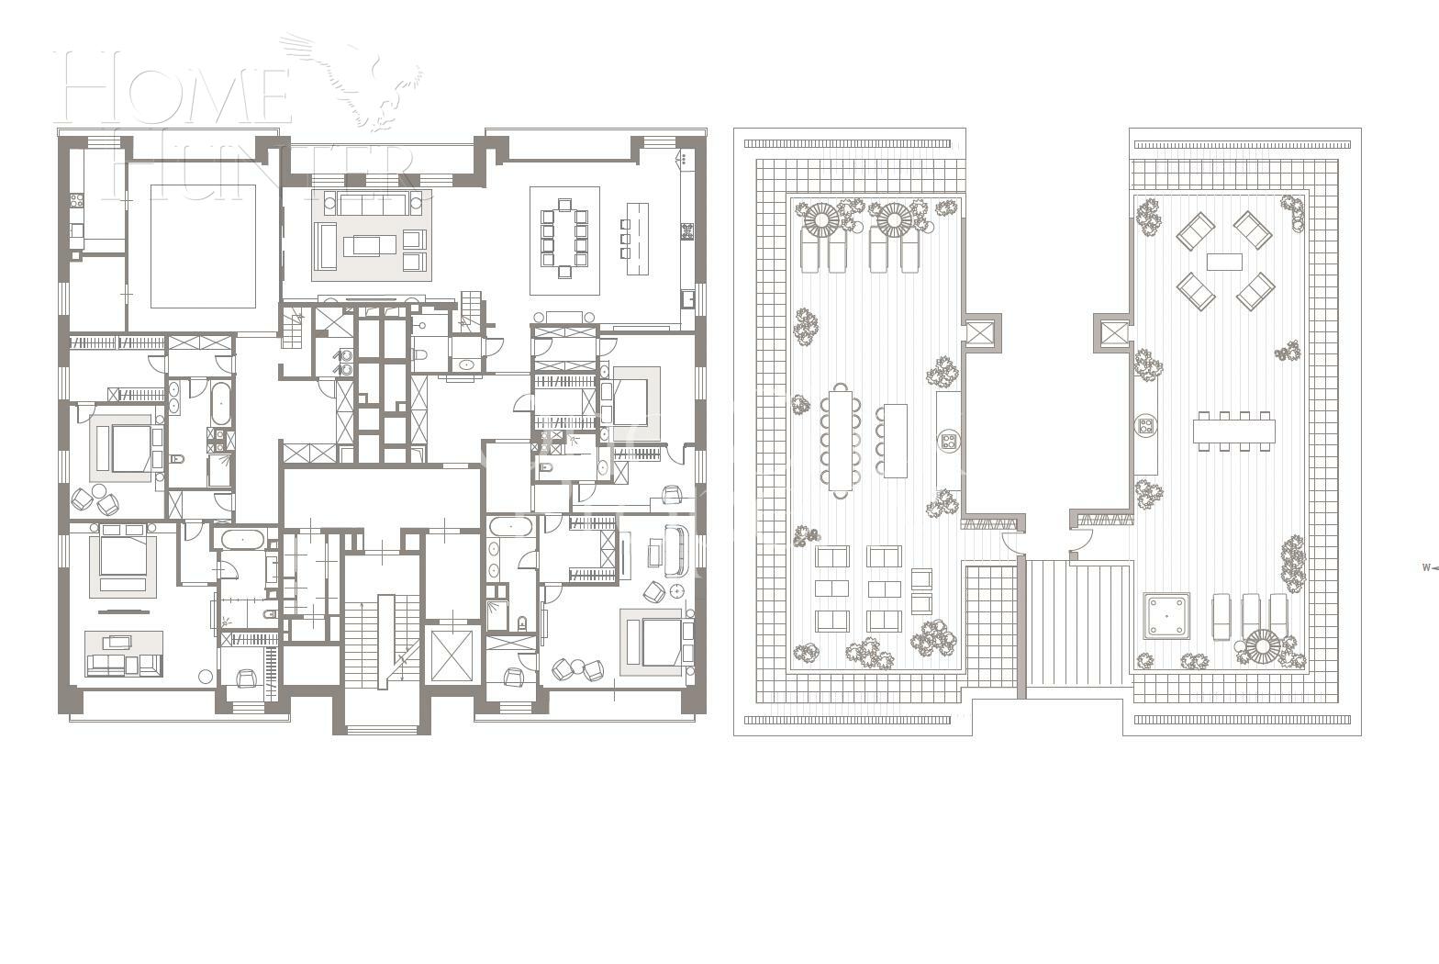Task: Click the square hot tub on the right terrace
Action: point(1166,615)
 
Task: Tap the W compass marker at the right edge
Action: point(1426,567)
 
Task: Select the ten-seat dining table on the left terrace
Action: point(841,440)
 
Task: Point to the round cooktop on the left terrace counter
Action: point(948,442)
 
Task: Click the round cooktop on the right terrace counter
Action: point(1145,425)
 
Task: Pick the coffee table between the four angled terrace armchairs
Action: point(1224,262)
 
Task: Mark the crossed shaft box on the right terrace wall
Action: point(1113,332)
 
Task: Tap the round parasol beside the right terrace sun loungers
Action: point(1262,646)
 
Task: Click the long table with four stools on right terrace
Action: point(1233,431)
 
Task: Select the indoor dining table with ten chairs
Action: point(564,239)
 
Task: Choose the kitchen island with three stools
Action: point(637,239)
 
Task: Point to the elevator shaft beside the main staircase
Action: point(451,655)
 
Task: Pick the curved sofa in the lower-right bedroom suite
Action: point(677,548)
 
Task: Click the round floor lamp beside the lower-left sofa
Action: point(206,677)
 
